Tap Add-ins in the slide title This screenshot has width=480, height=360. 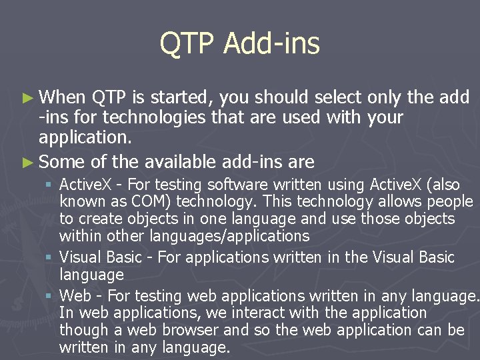click(271, 44)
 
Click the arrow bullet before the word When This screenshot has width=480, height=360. click(27, 98)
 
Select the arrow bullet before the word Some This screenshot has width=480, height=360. click(27, 162)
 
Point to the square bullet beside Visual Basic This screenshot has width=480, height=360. click(50, 257)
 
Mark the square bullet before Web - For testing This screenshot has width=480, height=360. click(50, 295)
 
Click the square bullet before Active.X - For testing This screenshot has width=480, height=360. click(50, 184)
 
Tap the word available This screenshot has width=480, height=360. click(176, 162)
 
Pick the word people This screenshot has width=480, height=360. click(449, 201)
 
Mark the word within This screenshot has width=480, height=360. click(77, 236)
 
